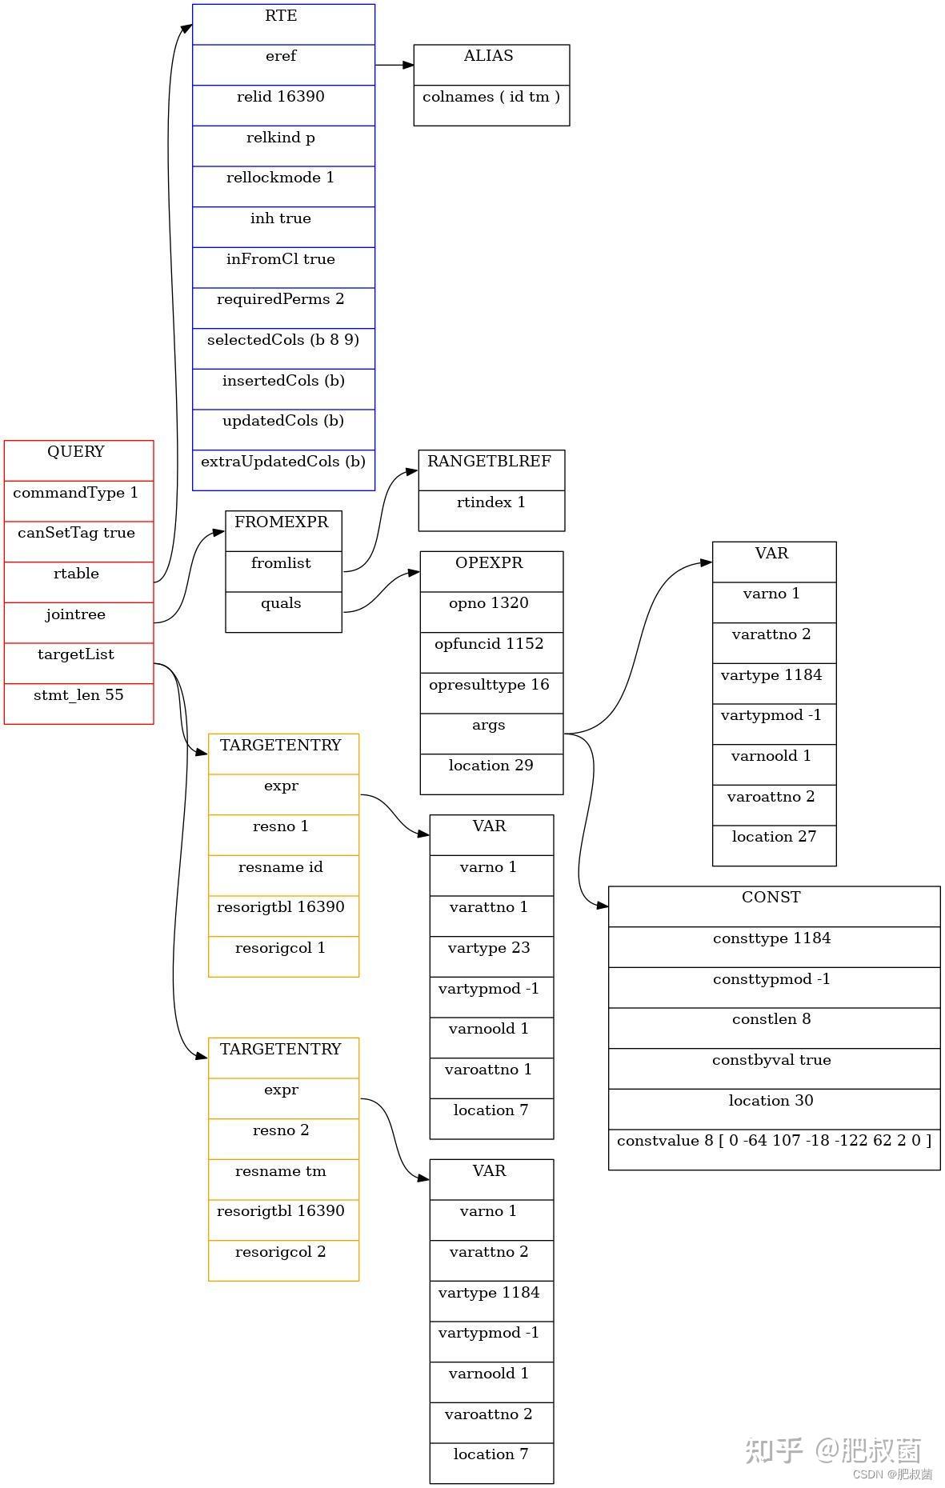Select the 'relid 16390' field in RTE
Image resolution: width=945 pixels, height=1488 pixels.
pos(282,105)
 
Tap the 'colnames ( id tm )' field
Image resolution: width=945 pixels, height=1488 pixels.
pos(491,105)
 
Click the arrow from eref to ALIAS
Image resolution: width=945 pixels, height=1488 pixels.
pos(394,65)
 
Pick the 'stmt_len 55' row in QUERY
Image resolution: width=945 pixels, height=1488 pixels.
pos(78,703)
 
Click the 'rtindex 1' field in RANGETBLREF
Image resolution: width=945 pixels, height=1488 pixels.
pos(491,510)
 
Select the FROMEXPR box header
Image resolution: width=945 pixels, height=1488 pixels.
pos(282,530)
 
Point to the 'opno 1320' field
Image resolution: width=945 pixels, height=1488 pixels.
pos(491,611)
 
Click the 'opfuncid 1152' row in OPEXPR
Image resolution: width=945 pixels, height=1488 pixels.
pos(491,652)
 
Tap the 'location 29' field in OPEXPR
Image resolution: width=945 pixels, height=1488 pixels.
pos(491,774)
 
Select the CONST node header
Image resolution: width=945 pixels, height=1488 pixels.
pos(773,906)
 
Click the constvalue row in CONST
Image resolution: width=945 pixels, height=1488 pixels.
pos(773,1149)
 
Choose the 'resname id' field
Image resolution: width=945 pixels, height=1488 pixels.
pos(282,875)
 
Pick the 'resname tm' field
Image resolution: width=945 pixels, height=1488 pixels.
pos(282,1179)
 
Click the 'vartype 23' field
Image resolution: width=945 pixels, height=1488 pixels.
pos(491,956)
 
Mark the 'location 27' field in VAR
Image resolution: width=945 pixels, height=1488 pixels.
pos(773,845)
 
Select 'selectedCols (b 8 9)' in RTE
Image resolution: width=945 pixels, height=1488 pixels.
pos(282,348)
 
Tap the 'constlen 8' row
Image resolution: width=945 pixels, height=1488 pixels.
pos(773,1027)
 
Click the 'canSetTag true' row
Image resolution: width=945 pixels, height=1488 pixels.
pos(78,541)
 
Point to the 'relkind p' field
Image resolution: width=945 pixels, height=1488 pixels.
pos(282,146)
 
